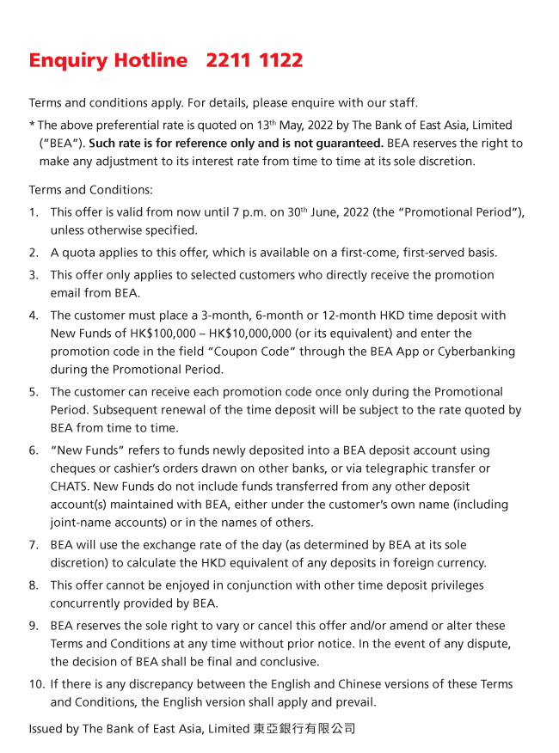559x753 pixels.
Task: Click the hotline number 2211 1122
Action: coord(255,61)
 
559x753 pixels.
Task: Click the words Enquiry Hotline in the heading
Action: coord(107,61)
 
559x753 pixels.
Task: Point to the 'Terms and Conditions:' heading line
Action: coord(90,190)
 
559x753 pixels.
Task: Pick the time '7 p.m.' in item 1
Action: coord(230,212)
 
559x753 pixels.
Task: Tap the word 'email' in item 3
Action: coord(66,293)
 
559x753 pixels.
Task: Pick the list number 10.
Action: coord(36,684)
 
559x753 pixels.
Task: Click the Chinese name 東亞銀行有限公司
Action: coord(304,729)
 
